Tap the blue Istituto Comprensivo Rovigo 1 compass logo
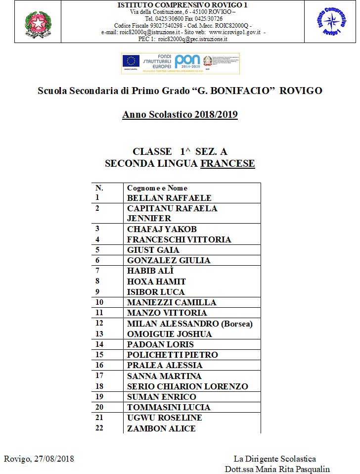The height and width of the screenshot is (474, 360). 331,21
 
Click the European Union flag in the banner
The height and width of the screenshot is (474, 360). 131,61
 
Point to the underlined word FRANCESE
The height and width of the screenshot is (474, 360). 227,164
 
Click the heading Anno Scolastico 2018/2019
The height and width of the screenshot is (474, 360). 180,115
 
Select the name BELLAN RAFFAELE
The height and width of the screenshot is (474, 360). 169,198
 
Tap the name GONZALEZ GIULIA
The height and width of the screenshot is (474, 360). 169,260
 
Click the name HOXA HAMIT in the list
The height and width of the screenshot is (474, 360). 156,282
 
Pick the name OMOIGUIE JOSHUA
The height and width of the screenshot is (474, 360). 169,334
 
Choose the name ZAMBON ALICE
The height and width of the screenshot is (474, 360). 161,428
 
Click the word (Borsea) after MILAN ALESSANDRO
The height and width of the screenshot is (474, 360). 236,324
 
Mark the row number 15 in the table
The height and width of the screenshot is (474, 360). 99,355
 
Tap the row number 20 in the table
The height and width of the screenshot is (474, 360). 99,407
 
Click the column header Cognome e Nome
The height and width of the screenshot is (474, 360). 157,188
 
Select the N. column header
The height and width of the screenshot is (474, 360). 99,188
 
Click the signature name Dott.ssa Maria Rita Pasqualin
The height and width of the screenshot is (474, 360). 277,469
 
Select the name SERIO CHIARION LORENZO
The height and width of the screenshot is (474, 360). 187,386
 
